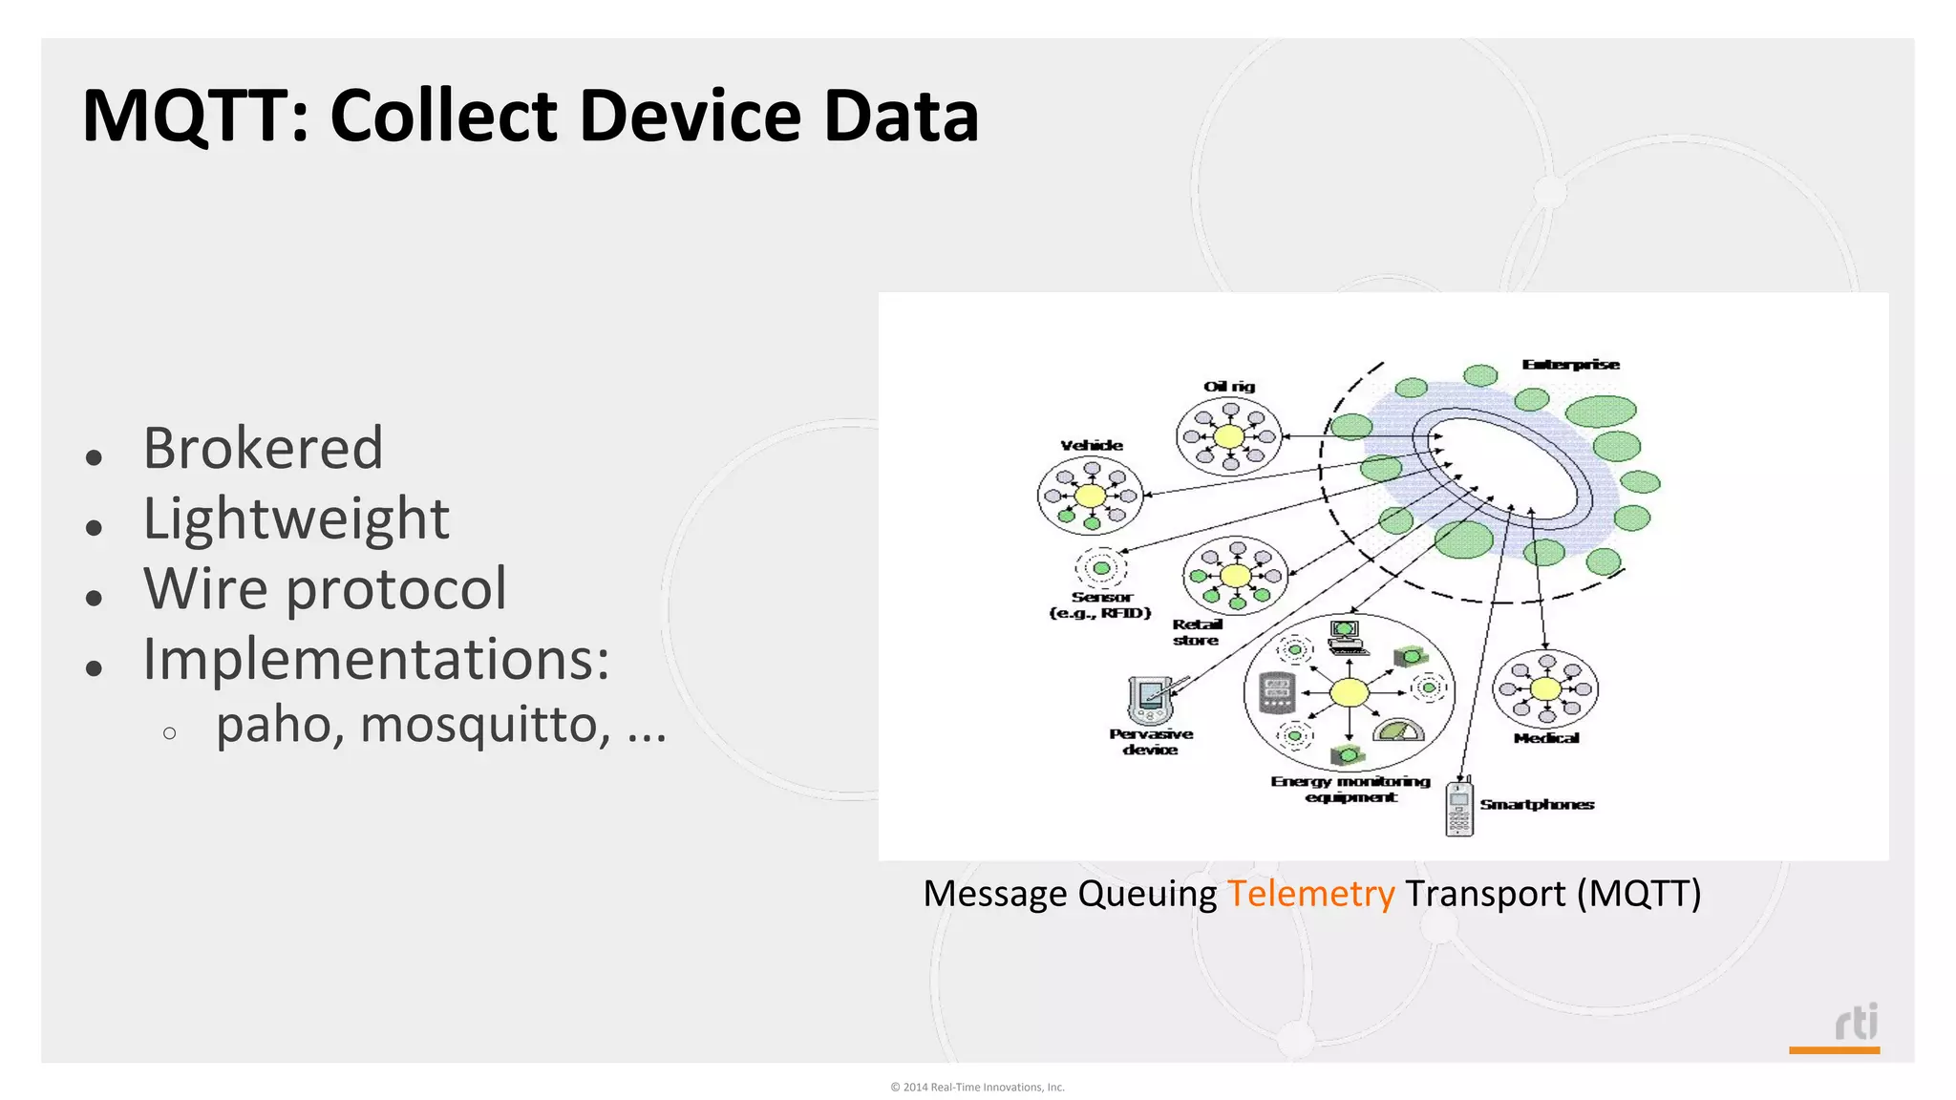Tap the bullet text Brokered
(263, 448)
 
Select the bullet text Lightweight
(295, 518)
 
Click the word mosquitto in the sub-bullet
(485, 724)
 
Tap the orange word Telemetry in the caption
(1310, 894)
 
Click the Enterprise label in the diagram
(1570, 365)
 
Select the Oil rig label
(1229, 387)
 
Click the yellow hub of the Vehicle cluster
(1090, 496)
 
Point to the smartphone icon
(1458, 809)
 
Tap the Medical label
(1545, 738)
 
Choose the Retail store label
(1197, 632)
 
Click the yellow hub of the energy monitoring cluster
(1349, 692)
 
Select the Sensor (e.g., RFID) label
(1100, 604)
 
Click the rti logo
(1856, 1023)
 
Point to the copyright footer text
(977, 1087)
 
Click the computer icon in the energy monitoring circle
(1346, 635)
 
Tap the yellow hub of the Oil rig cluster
(1228, 436)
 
